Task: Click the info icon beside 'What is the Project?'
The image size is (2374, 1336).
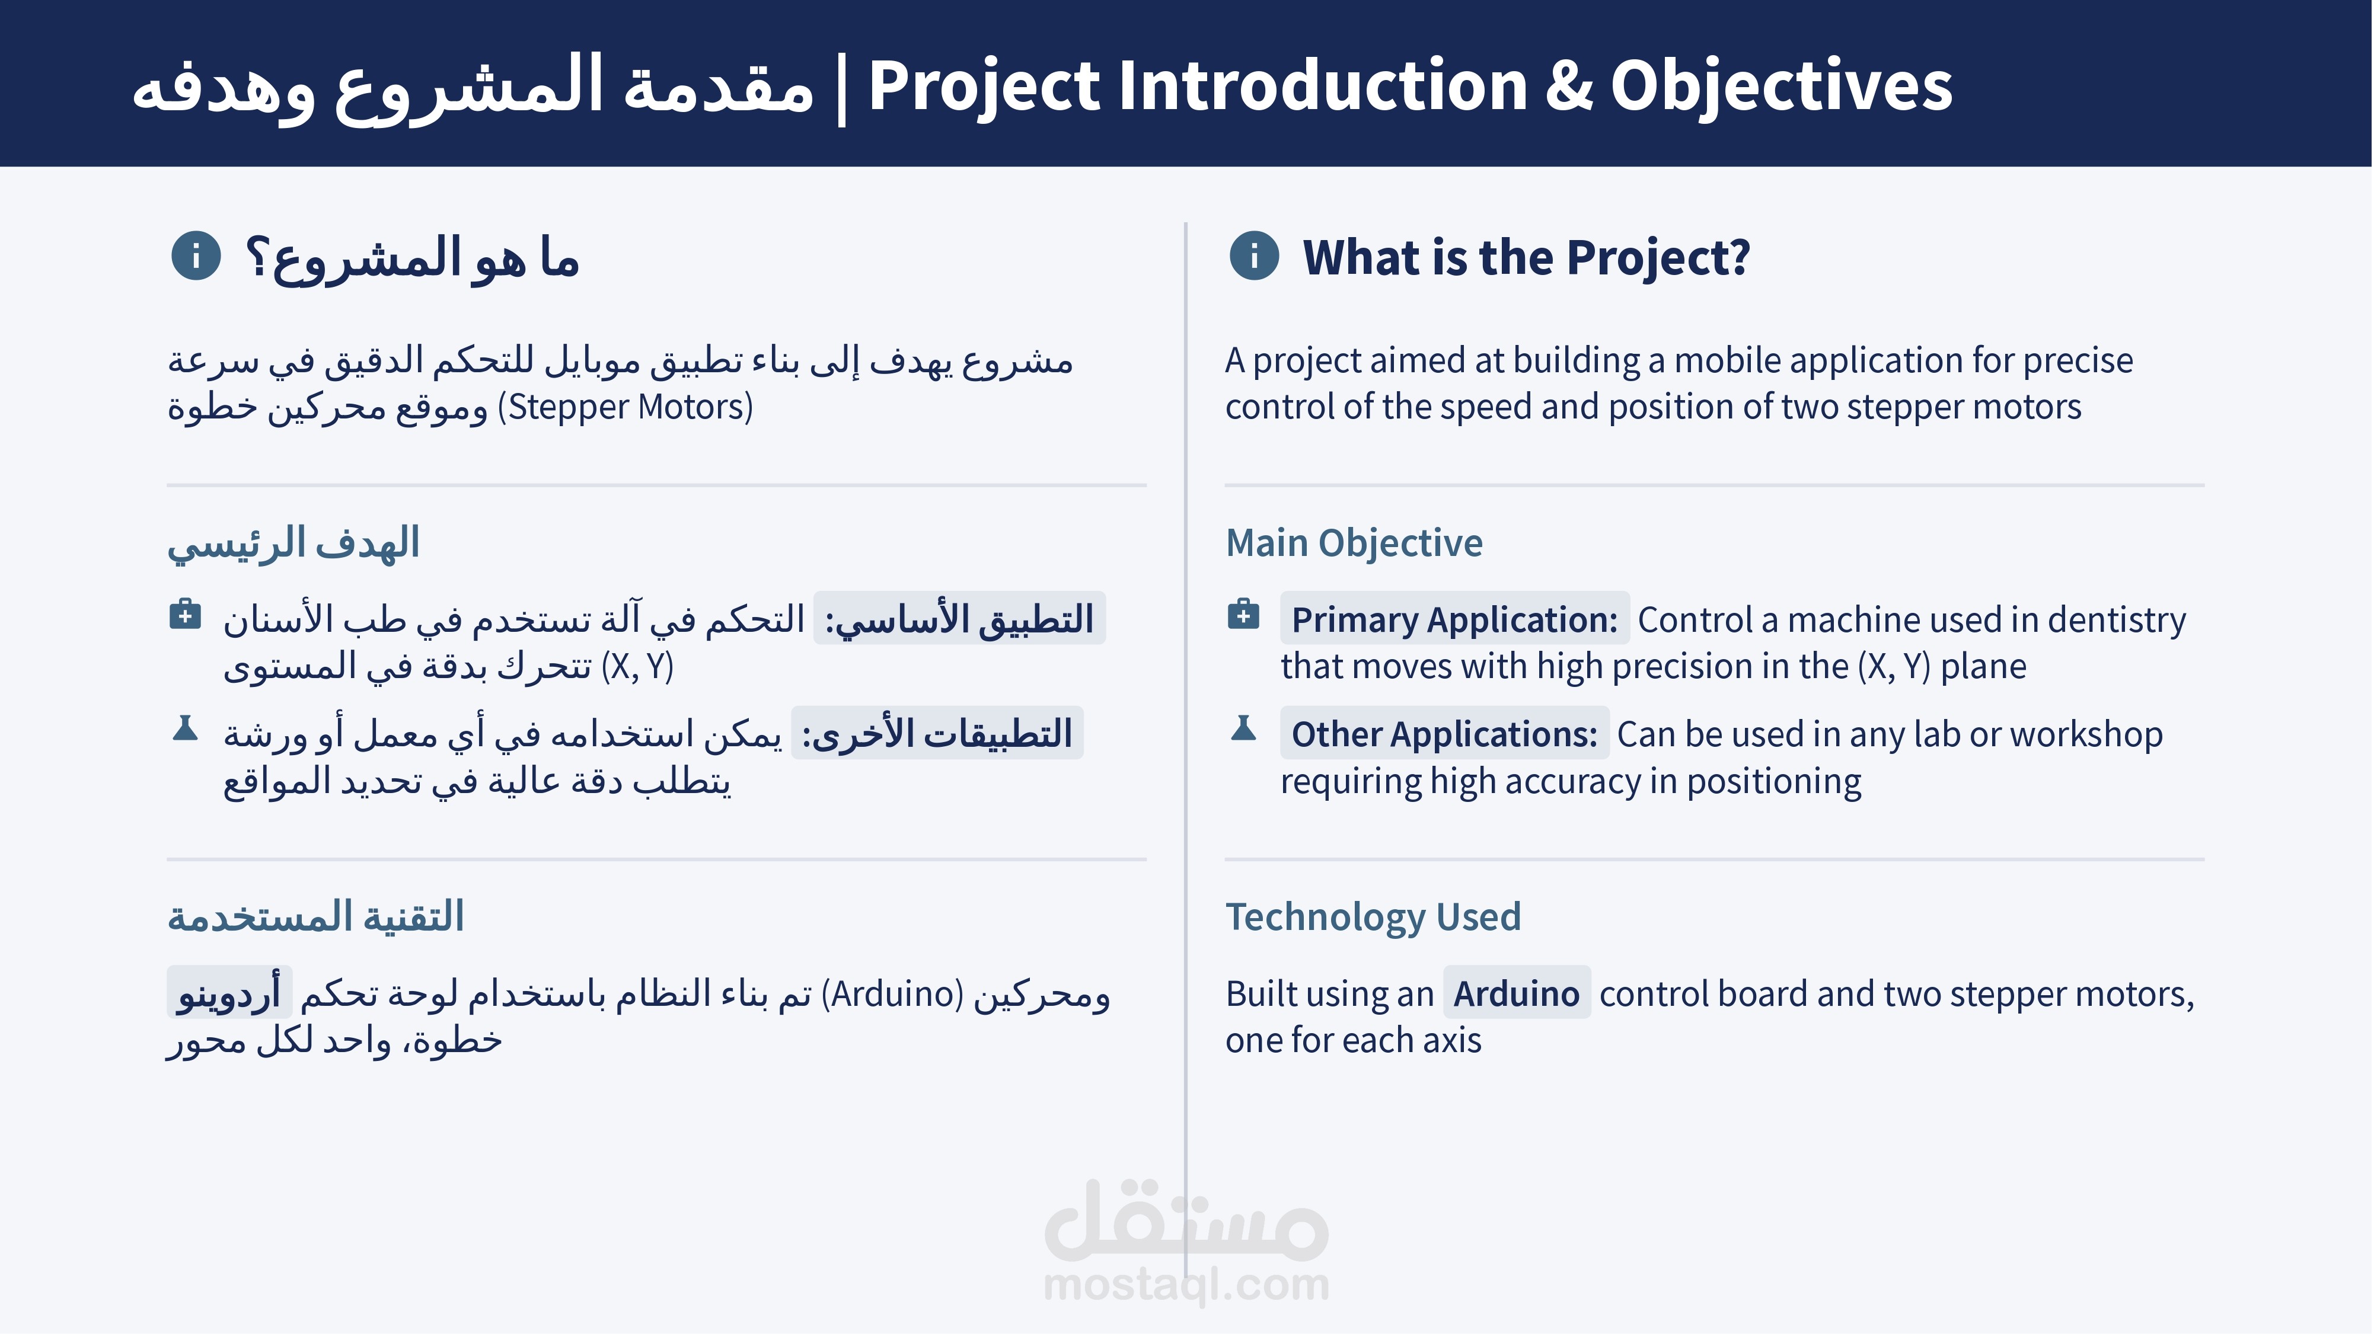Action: click(x=1254, y=255)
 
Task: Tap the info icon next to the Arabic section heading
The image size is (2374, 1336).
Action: click(x=196, y=255)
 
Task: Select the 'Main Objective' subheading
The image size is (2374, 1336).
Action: click(x=1354, y=543)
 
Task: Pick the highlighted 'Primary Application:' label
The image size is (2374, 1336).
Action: click(x=1454, y=619)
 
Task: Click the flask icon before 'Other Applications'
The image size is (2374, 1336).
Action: click(x=1243, y=728)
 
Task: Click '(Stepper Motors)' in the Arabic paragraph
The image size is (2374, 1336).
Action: click(x=626, y=407)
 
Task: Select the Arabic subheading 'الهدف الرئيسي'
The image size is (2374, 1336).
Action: click(x=293, y=544)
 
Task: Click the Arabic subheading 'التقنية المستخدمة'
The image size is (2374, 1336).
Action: click(x=315, y=918)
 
